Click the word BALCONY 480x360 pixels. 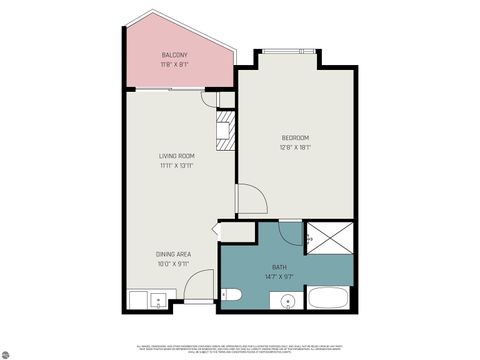pos(175,55)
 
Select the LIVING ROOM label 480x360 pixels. pos(175,156)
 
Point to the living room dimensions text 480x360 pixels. pos(175,166)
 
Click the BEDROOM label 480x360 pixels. pos(295,137)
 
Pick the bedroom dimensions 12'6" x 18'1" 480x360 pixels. pos(295,147)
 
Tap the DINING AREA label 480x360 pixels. pos(172,254)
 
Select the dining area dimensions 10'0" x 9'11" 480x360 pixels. pos(172,264)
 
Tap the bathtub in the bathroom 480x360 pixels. pos(326,297)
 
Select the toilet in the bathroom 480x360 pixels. pos(232,296)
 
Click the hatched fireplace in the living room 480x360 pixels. pos(226,130)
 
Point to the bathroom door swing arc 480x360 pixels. pos(290,232)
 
